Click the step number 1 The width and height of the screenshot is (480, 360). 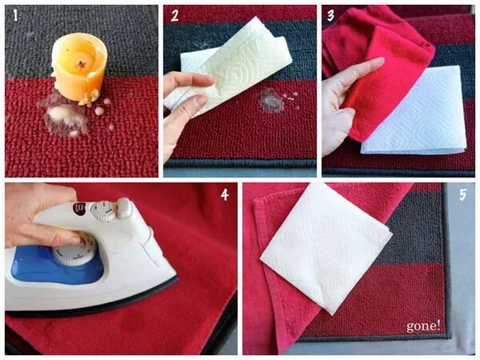pos(15,15)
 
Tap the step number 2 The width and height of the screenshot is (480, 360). pos(174,15)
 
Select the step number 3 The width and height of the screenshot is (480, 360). pos(330,15)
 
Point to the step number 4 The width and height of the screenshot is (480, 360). pos(225,194)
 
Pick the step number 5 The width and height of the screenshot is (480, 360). pos(462,194)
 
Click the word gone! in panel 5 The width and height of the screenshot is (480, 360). pos(423,326)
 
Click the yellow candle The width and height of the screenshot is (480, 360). pos(79,66)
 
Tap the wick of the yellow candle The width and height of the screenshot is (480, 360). pos(82,64)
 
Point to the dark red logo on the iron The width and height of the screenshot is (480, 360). pos(79,209)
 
